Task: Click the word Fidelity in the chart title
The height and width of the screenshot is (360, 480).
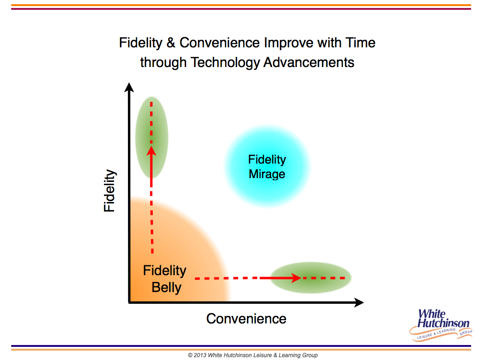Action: pyautogui.click(x=141, y=43)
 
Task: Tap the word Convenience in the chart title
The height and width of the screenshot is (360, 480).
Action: pyautogui.click(x=220, y=43)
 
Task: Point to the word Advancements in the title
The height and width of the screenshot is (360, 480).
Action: pyautogui.click(x=309, y=62)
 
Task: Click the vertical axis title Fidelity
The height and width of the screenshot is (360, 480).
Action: pyautogui.click(x=109, y=190)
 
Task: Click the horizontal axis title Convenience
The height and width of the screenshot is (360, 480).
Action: pyautogui.click(x=246, y=319)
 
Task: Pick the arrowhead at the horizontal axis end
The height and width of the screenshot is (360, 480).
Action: pyautogui.click(x=359, y=302)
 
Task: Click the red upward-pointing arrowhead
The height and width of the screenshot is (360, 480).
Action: pyautogui.click(x=151, y=151)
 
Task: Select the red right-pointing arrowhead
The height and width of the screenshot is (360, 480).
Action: pyautogui.click(x=296, y=278)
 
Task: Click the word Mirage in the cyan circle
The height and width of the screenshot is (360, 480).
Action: pyautogui.click(x=267, y=174)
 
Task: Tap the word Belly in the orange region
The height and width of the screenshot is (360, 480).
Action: pyautogui.click(x=166, y=288)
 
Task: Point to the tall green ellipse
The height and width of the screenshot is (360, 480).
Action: pyautogui.click(x=151, y=137)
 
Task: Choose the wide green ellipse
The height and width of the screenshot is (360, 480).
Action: pyautogui.click(x=311, y=277)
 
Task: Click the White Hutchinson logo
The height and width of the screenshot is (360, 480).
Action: pyautogui.click(x=441, y=324)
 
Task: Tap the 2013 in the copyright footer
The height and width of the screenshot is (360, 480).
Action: pyautogui.click(x=200, y=355)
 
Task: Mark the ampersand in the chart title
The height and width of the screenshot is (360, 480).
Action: pyautogui.click(x=171, y=43)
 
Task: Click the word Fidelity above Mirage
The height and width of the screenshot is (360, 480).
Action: pyautogui.click(x=267, y=159)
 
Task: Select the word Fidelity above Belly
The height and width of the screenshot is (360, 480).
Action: pyautogui.click(x=165, y=271)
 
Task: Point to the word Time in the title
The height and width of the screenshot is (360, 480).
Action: pyautogui.click(x=360, y=43)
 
